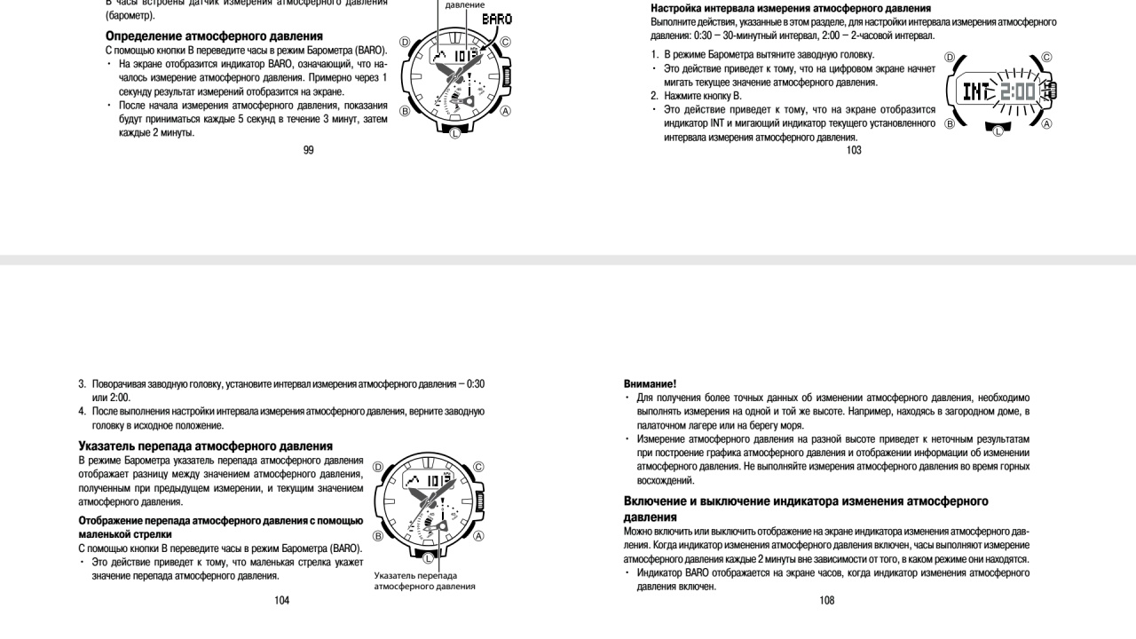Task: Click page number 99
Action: click(x=308, y=150)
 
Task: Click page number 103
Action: click(x=854, y=150)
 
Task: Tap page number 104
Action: click(x=281, y=600)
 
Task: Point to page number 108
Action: click(x=827, y=600)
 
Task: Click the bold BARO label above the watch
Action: click(x=496, y=19)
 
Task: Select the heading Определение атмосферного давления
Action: click(x=214, y=36)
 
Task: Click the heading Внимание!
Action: click(x=650, y=384)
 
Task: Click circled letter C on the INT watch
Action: click(x=1046, y=58)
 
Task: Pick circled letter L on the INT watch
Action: click(x=998, y=130)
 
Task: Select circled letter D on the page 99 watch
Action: click(x=406, y=42)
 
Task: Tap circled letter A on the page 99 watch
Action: click(x=506, y=111)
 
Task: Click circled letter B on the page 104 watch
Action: click(x=378, y=536)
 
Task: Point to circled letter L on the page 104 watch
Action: click(x=429, y=557)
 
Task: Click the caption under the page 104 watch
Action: click(x=424, y=581)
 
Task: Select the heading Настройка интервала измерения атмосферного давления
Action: click(x=790, y=8)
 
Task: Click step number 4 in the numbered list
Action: click(x=82, y=411)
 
